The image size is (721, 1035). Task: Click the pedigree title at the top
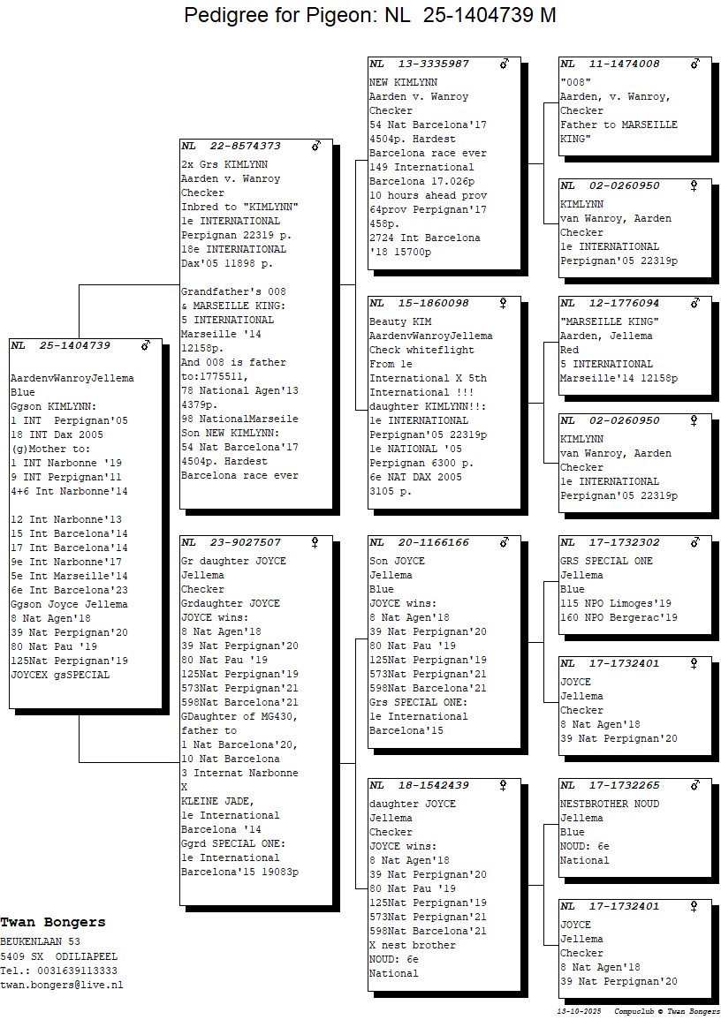(369, 14)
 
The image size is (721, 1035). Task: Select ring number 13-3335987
(433, 64)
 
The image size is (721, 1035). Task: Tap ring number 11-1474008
(624, 64)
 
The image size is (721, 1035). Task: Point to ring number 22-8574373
(245, 146)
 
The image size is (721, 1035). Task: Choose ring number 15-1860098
(433, 303)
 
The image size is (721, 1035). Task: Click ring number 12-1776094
(624, 303)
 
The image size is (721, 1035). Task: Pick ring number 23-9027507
(245, 542)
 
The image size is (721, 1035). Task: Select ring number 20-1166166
(433, 542)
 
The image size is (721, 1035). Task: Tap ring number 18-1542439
(433, 785)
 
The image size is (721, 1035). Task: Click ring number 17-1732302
(624, 542)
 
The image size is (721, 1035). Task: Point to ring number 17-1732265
(624, 785)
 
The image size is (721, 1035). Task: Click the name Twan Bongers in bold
(53, 923)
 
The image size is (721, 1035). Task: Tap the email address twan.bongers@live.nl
(61, 985)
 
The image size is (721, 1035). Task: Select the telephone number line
(59, 971)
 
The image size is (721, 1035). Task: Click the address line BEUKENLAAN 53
(41, 942)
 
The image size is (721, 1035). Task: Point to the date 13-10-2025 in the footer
(579, 1011)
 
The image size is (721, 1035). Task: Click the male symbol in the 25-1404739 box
(146, 345)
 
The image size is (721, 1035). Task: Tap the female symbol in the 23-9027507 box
(315, 542)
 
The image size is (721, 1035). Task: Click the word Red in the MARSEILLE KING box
(569, 350)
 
